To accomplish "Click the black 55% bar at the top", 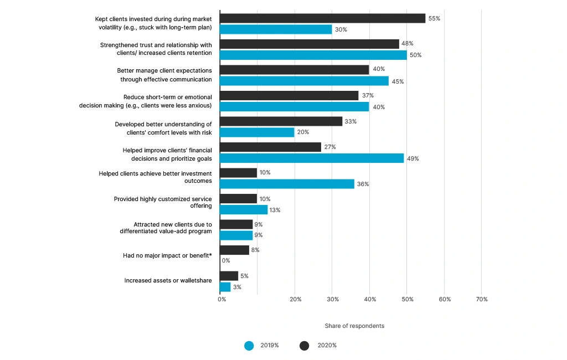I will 322,18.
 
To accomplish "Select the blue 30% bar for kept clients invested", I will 276,29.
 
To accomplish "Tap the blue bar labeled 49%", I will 312,158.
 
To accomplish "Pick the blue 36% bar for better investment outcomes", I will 287,184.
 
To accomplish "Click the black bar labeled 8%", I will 234,250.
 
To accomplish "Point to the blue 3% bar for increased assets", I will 225,287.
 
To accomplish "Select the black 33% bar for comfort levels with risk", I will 281,121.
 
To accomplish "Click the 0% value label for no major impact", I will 226,260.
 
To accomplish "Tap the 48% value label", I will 407,43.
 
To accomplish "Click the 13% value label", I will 275,210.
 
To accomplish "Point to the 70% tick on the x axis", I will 482,299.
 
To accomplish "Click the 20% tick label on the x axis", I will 296,299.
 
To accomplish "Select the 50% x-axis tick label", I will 408,299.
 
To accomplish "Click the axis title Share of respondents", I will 354,326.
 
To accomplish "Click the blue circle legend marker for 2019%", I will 249,346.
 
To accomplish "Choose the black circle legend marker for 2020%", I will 305,346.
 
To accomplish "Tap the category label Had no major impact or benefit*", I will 167,256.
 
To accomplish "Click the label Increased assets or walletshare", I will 168,281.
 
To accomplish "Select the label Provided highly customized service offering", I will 163,202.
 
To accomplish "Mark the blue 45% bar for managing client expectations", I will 304,81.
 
